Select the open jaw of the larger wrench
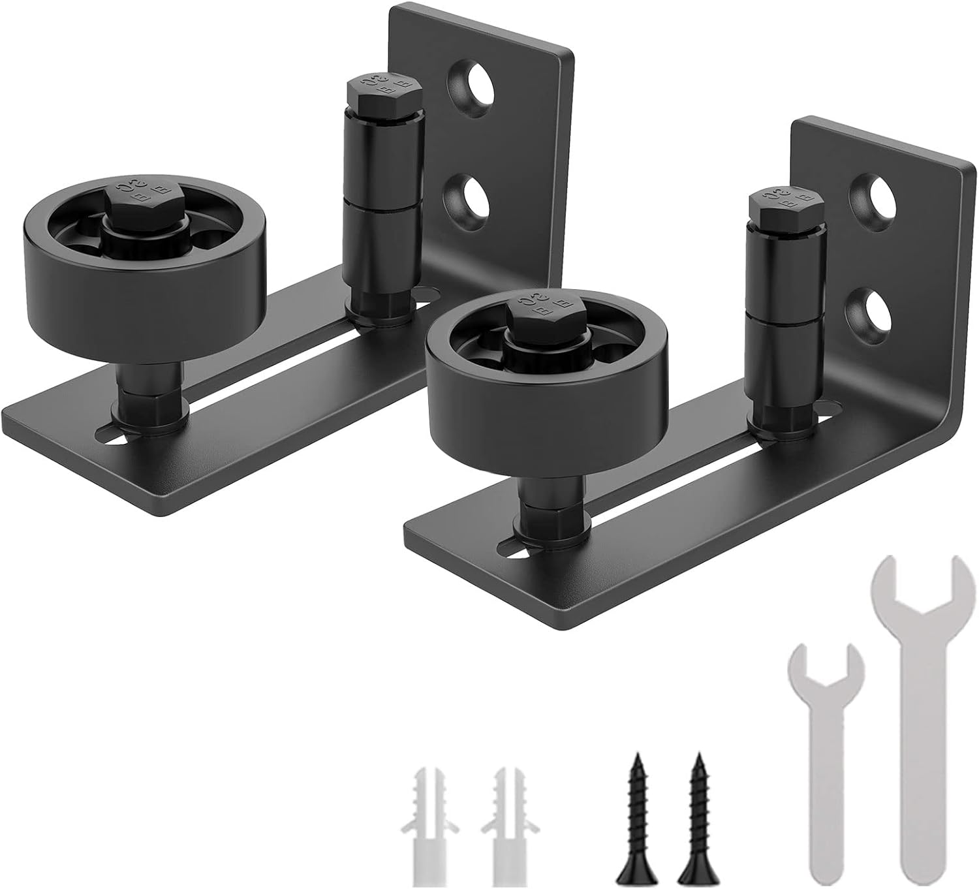coord(920,578)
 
